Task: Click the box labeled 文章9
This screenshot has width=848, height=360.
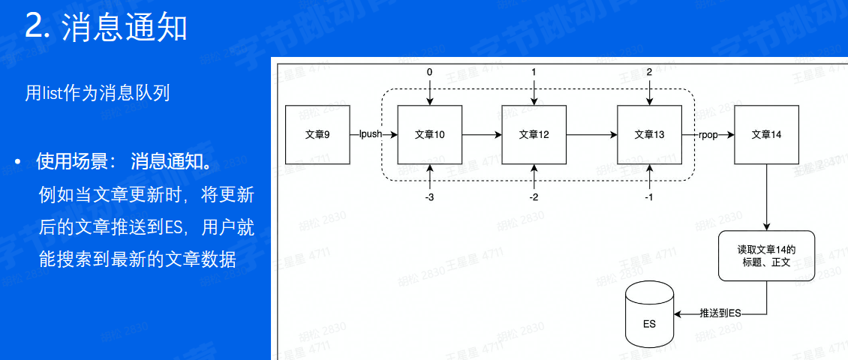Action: [x=317, y=135]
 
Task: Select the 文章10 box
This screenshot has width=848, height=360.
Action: [x=430, y=135]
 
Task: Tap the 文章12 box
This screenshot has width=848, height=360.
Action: [x=534, y=135]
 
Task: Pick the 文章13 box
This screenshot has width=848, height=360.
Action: [x=649, y=135]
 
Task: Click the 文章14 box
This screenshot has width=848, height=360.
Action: [x=765, y=135]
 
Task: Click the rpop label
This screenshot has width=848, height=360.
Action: [x=708, y=135]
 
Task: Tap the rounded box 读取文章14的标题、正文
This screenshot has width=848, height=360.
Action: [x=765, y=256]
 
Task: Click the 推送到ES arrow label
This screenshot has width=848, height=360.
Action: [x=719, y=313]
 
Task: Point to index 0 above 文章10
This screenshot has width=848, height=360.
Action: [x=430, y=72]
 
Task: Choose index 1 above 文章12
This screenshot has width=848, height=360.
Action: [x=534, y=72]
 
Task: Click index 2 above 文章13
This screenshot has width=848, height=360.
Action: [x=649, y=72]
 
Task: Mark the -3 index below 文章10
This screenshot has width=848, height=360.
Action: [x=430, y=197]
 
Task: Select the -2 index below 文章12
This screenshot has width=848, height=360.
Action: [x=534, y=197]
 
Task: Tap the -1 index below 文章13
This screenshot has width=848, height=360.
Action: [x=649, y=197]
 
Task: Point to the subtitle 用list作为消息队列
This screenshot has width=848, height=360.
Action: [x=98, y=93]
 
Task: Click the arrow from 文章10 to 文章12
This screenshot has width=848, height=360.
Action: [x=482, y=135]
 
